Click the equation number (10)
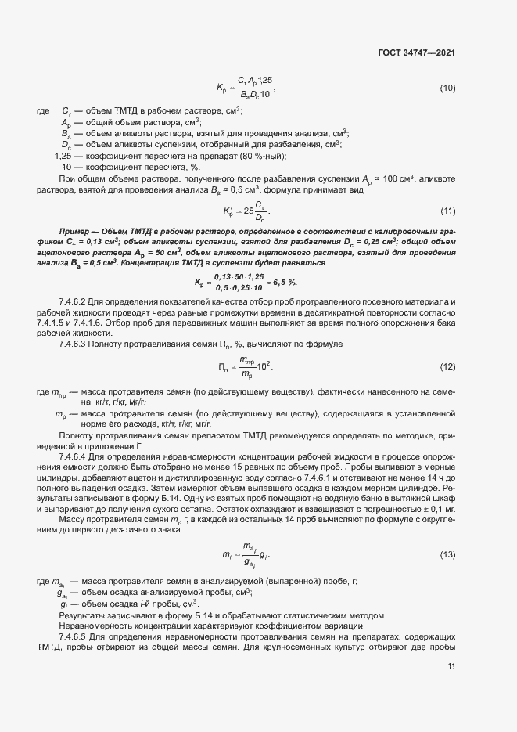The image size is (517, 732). point(447,87)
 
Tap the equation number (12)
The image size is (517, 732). point(447,367)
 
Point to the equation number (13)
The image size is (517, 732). point(447,533)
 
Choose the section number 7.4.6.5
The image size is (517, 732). point(75,639)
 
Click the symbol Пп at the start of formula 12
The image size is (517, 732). point(224,367)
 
